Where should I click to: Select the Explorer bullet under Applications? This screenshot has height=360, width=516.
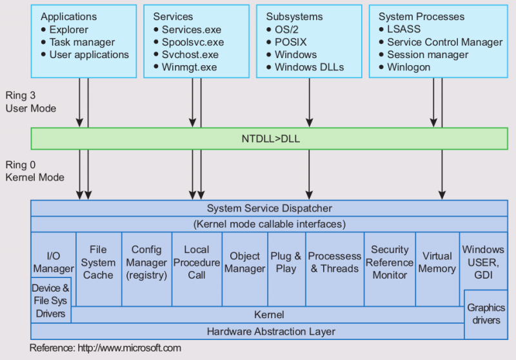click(x=68, y=30)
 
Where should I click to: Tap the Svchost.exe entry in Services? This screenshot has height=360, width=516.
click(x=190, y=55)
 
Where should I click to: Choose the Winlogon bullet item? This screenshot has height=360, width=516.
click(x=408, y=67)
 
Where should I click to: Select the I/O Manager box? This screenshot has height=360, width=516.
click(x=54, y=262)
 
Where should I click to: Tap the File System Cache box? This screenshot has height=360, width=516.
click(x=98, y=262)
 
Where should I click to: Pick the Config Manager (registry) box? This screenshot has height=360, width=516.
click(x=146, y=262)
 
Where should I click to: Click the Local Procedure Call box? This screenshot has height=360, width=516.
click(x=197, y=262)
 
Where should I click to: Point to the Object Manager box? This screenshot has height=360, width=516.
click(x=245, y=262)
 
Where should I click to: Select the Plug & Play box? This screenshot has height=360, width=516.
click(x=286, y=262)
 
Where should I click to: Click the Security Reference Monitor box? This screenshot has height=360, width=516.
click(x=390, y=262)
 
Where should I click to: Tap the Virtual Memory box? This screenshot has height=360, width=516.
click(x=437, y=262)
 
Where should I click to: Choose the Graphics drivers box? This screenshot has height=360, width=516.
click(x=486, y=314)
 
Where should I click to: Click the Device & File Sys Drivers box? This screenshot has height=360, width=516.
click(x=50, y=301)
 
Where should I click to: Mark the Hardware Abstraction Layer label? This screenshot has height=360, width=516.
click(x=271, y=332)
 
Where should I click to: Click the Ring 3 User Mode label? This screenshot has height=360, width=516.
click(x=30, y=102)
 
